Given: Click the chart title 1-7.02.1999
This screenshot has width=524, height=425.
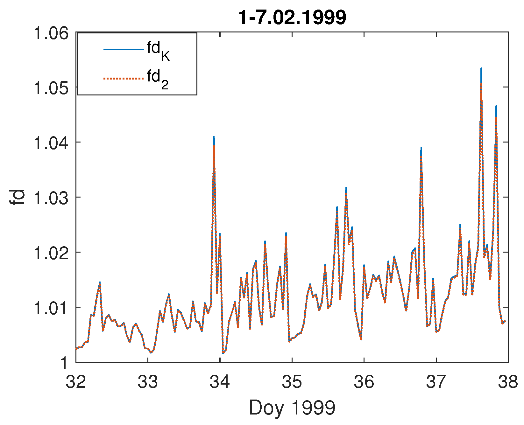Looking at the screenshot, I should point(292,17).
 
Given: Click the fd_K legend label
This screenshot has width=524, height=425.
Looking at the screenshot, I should point(158,51).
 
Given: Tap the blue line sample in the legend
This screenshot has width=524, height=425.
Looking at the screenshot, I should point(123,49).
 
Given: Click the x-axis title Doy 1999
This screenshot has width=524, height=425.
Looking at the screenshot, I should point(292,408).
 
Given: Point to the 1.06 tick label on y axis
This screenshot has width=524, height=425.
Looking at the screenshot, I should point(51,33).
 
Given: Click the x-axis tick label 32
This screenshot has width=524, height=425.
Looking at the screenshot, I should point(76,381).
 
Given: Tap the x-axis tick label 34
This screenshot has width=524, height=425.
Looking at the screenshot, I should point(220,381).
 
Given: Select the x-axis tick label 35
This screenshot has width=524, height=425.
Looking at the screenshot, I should point(292,381).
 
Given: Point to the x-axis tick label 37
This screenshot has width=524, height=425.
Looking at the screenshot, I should point(436,381).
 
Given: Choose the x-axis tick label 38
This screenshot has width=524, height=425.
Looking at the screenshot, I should point(508,381).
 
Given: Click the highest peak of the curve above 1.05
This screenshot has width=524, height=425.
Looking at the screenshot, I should point(481,69).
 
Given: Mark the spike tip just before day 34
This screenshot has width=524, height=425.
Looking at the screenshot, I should point(214,137).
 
